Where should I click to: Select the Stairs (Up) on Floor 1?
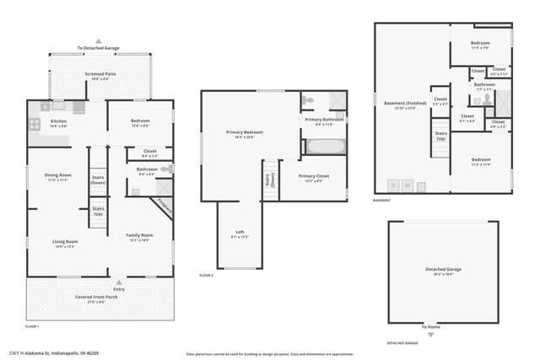click(x=98, y=210)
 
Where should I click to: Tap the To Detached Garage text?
click(x=99, y=48)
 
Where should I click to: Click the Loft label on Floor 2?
click(x=240, y=236)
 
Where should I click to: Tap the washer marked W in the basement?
click(x=408, y=185)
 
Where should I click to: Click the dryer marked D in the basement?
click(x=392, y=185)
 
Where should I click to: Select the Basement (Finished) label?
click(x=401, y=104)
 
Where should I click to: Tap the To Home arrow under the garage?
click(x=431, y=335)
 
